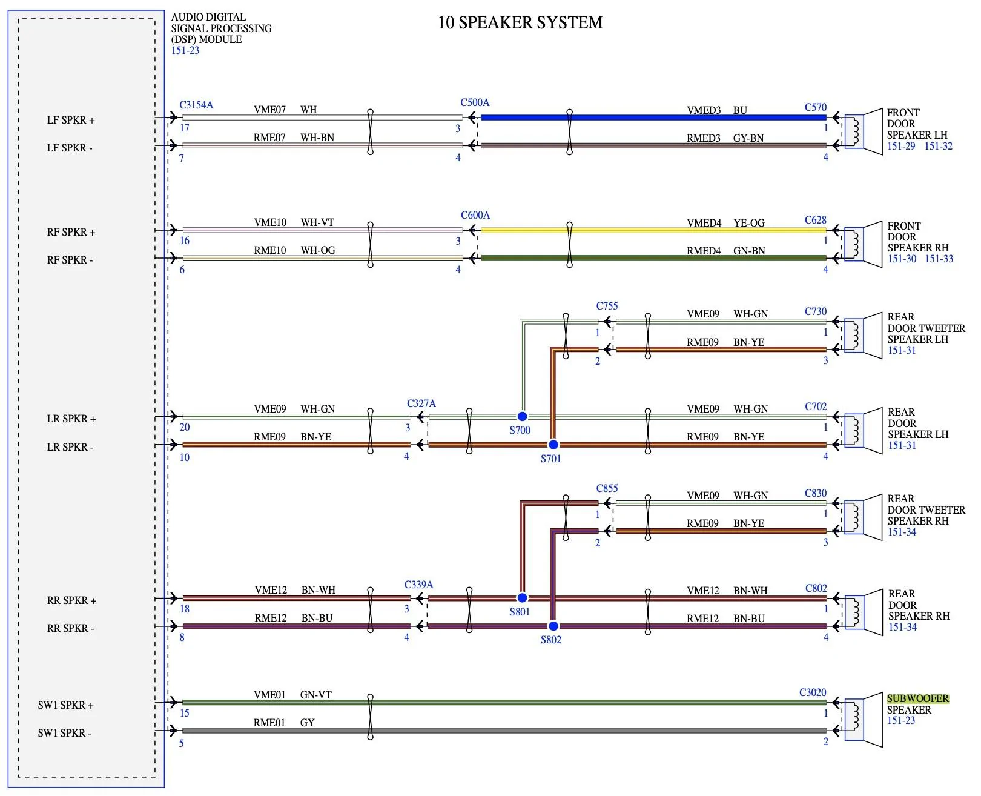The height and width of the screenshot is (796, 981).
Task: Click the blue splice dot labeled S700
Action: (522, 416)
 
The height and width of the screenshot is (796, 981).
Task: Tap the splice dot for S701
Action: (553, 444)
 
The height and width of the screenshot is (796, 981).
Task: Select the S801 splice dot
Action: (522, 597)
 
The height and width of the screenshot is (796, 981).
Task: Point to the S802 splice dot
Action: (553, 626)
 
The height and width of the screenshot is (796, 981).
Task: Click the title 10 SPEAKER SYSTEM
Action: (520, 22)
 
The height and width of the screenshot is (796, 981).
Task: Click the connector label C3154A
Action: (196, 105)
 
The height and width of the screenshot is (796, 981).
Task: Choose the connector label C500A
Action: (475, 102)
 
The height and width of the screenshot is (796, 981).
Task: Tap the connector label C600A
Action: (475, 215)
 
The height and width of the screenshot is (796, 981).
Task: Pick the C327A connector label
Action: (421, 403)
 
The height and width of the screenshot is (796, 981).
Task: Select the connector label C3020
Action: (813, 692)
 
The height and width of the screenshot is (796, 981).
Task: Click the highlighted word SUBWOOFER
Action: (917, 698)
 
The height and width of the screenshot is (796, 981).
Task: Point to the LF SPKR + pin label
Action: (71, 120)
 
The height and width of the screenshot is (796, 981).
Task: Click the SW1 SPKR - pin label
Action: (64, 733)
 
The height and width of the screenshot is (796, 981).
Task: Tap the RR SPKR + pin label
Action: (72, 600)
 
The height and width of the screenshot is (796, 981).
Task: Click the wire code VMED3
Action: (704, 110)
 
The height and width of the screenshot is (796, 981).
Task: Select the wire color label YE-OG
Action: (749, 223)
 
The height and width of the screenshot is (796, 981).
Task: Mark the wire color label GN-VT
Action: (316, 695)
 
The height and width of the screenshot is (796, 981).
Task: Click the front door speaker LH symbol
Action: (863, 131)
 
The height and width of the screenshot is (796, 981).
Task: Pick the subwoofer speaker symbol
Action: (863, 720)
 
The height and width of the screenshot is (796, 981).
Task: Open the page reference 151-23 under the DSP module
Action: (185, 50)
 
